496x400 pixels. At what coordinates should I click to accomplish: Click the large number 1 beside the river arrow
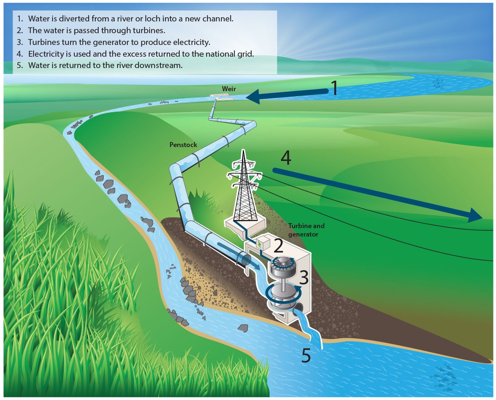[x=334, y=88]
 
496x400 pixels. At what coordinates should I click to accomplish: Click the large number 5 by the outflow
[x=307, y=355]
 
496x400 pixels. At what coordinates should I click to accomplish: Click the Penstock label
[x=183, y=145]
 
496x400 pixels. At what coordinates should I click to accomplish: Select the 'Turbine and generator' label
[x=306, y=229]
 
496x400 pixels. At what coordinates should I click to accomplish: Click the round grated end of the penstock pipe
[x=245, y=259]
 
